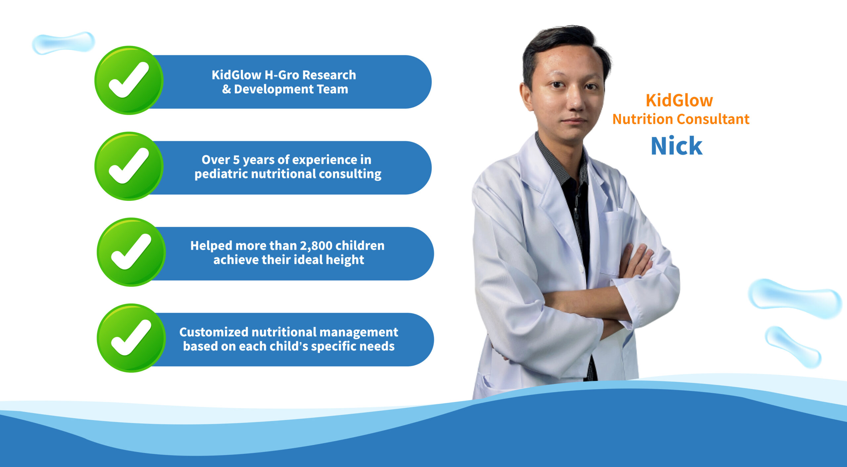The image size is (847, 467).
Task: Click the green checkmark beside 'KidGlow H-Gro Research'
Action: (129, 80)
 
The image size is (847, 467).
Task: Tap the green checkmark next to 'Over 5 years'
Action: (129, 166)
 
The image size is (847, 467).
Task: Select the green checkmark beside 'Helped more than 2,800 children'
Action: (131, 252)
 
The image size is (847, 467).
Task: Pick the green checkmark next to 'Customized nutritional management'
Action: (131, 338)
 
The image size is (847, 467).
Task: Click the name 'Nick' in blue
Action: (677, 146)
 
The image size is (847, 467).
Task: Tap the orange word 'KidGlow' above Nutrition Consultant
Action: (679, 100)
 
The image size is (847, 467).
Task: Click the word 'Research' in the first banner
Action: (329, 75)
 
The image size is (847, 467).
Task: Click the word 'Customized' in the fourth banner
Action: (214, 332)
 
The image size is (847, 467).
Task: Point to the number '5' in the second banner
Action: (236, 160)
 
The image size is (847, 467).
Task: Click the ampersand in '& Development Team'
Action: (227, 89)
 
